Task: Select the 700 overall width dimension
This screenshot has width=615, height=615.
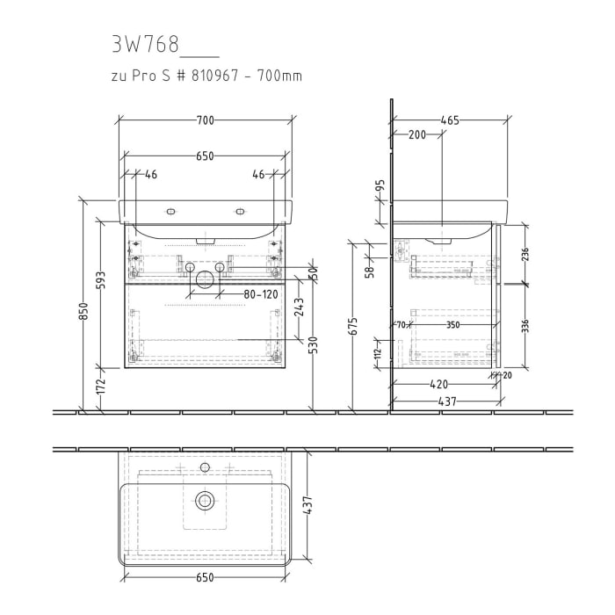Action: tap(205, 120)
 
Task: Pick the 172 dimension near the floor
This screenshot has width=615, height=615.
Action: tap(102, 384)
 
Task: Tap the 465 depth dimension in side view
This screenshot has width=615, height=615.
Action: tap(451, 120)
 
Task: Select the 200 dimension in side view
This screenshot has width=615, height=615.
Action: tap(416, 135)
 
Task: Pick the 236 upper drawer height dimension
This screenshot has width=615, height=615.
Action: tap(525, 254)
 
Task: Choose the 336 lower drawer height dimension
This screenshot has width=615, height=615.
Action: tap(525, 326)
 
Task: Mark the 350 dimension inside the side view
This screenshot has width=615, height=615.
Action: tap(452, 325)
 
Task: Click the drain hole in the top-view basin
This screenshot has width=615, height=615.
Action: tap(205, 501)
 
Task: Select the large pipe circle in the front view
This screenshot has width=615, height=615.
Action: tap(204, 279)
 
